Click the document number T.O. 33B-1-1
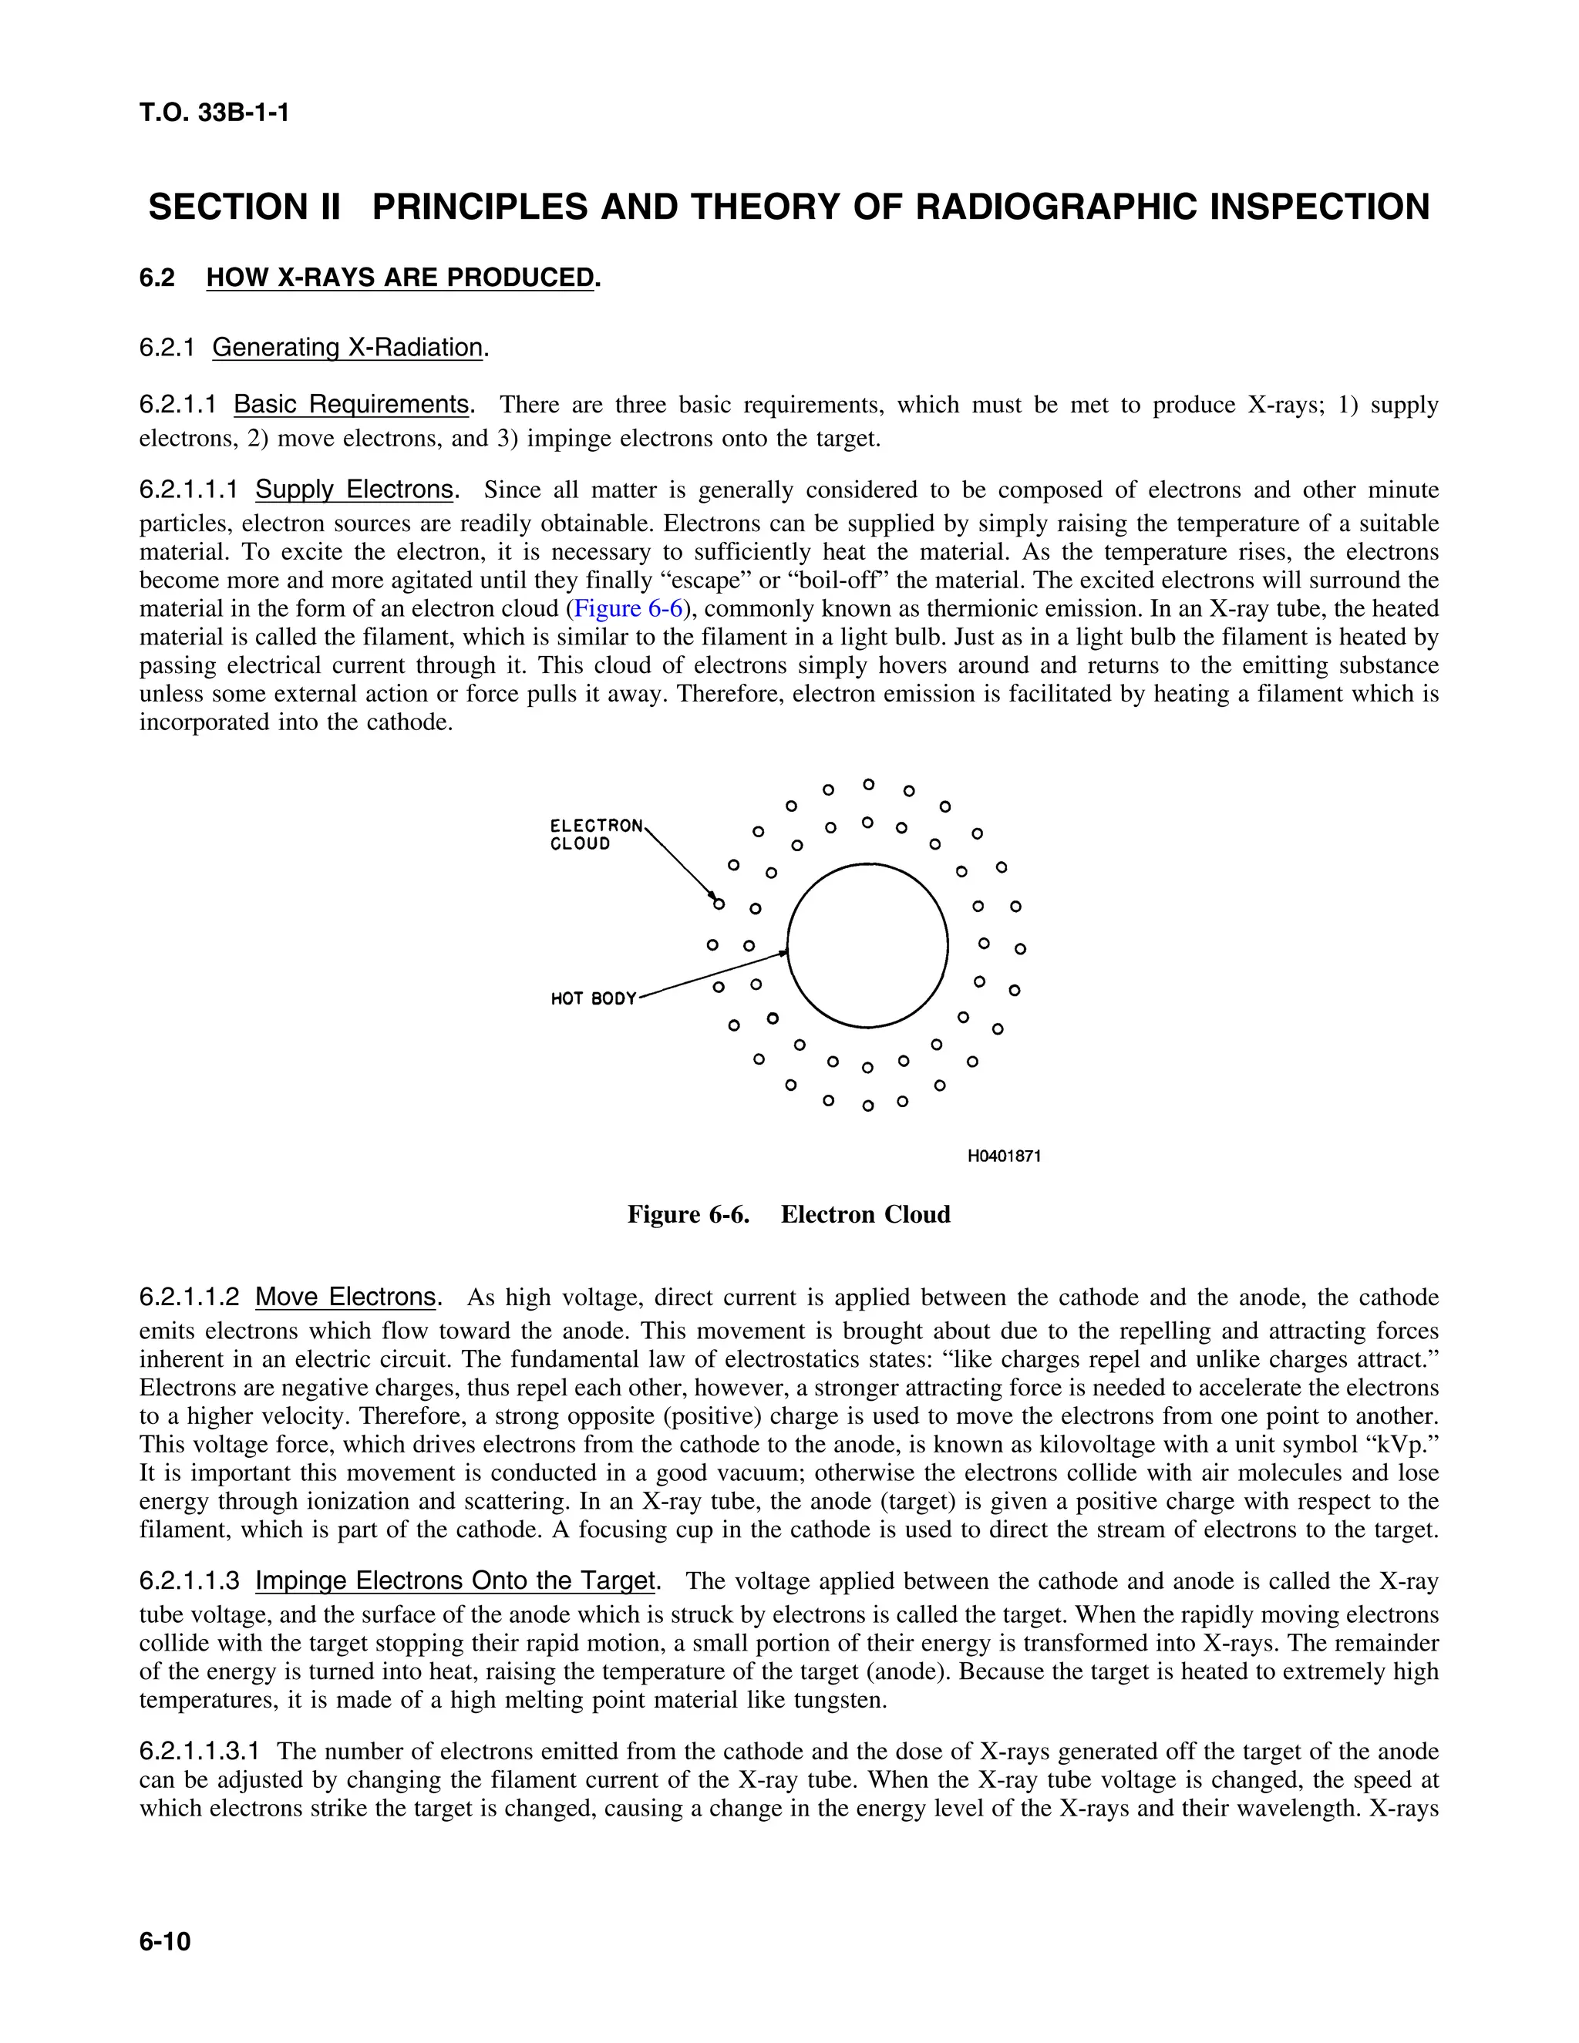tap(214, 113)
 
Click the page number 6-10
tap(165, 1941)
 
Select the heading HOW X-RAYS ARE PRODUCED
tap(400, 278)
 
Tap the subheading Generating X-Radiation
tap(347, 348)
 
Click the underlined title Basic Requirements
tap(352, 405)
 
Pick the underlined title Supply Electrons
tap(355, 490)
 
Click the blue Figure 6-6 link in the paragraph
tap(628, 609)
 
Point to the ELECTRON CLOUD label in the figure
tap(595, 834)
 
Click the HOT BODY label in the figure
tap(593, 999)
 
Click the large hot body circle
tap(867, 946)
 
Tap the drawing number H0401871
tap(1004, 1156)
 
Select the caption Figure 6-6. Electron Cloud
tap(789, 1215)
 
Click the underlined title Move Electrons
tap(345, 1297)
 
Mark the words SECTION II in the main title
tap(244, 207)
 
